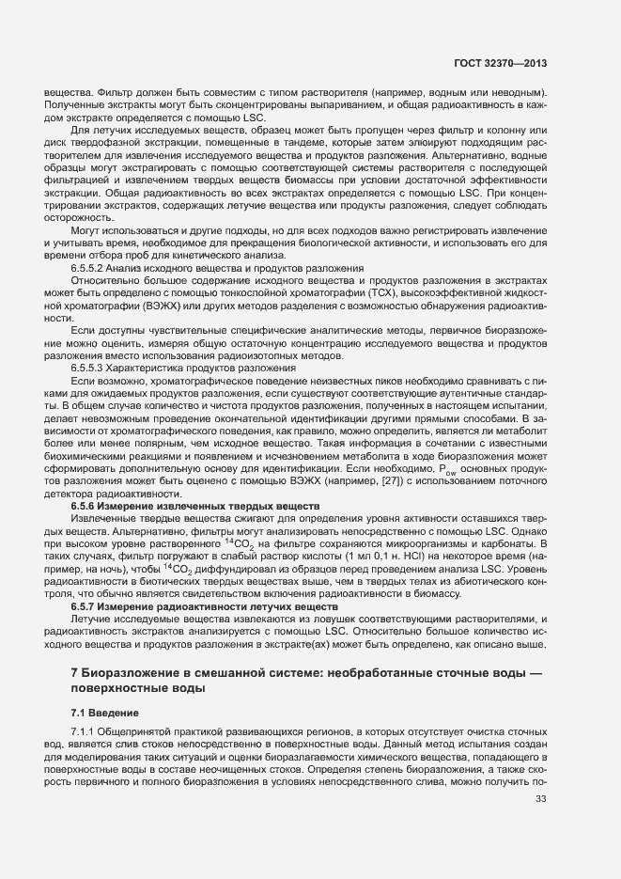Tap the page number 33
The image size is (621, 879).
click(540, 799)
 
